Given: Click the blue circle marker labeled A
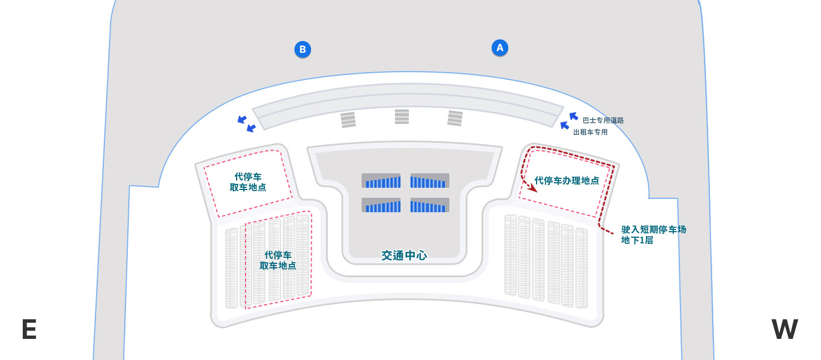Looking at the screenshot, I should coord(500,48).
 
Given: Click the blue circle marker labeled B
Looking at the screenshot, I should coord(303,49).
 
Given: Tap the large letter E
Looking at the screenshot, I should coord(29,329).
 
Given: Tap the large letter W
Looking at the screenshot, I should coord(784,329).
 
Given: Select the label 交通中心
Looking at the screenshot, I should coord(404,256).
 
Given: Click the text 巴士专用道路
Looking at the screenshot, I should coord(603,120).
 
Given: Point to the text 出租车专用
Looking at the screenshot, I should coord(590,132).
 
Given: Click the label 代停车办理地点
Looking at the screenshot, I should coord(567,181).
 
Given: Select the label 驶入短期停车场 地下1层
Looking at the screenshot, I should coord(654,235).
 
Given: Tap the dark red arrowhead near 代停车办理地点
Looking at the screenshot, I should coord(533,189).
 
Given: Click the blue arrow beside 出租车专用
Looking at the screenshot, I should coord(565,126).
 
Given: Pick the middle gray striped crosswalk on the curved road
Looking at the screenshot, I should coord(402,117).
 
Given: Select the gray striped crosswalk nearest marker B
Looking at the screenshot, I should coord(348,120).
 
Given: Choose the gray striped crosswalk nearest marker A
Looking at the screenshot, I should coord(455,118).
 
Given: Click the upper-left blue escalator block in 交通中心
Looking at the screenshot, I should coord(381,181).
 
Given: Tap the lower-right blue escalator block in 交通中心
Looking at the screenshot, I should coord(429,206).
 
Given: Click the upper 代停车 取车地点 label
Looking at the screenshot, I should coord(248,182).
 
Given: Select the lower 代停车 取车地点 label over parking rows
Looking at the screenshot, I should coord(278,260).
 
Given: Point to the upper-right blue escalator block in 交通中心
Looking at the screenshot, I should coord(429,181).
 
